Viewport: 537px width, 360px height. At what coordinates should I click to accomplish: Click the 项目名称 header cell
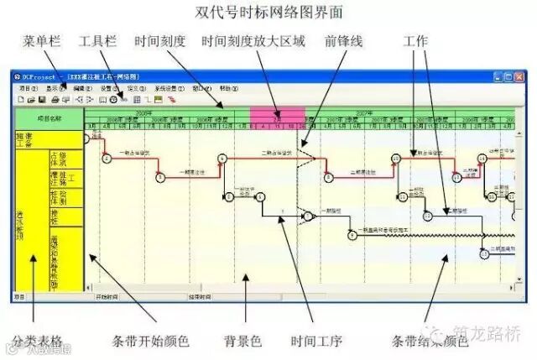tap(50, 119)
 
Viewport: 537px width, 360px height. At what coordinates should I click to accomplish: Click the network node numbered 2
tap(107, 159)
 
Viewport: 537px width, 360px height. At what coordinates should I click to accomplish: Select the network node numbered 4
tap(222, 158)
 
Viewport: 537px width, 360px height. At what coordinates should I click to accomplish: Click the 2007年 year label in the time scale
tap(363, 112)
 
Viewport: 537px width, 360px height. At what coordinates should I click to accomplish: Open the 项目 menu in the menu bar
tap(26, 88)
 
